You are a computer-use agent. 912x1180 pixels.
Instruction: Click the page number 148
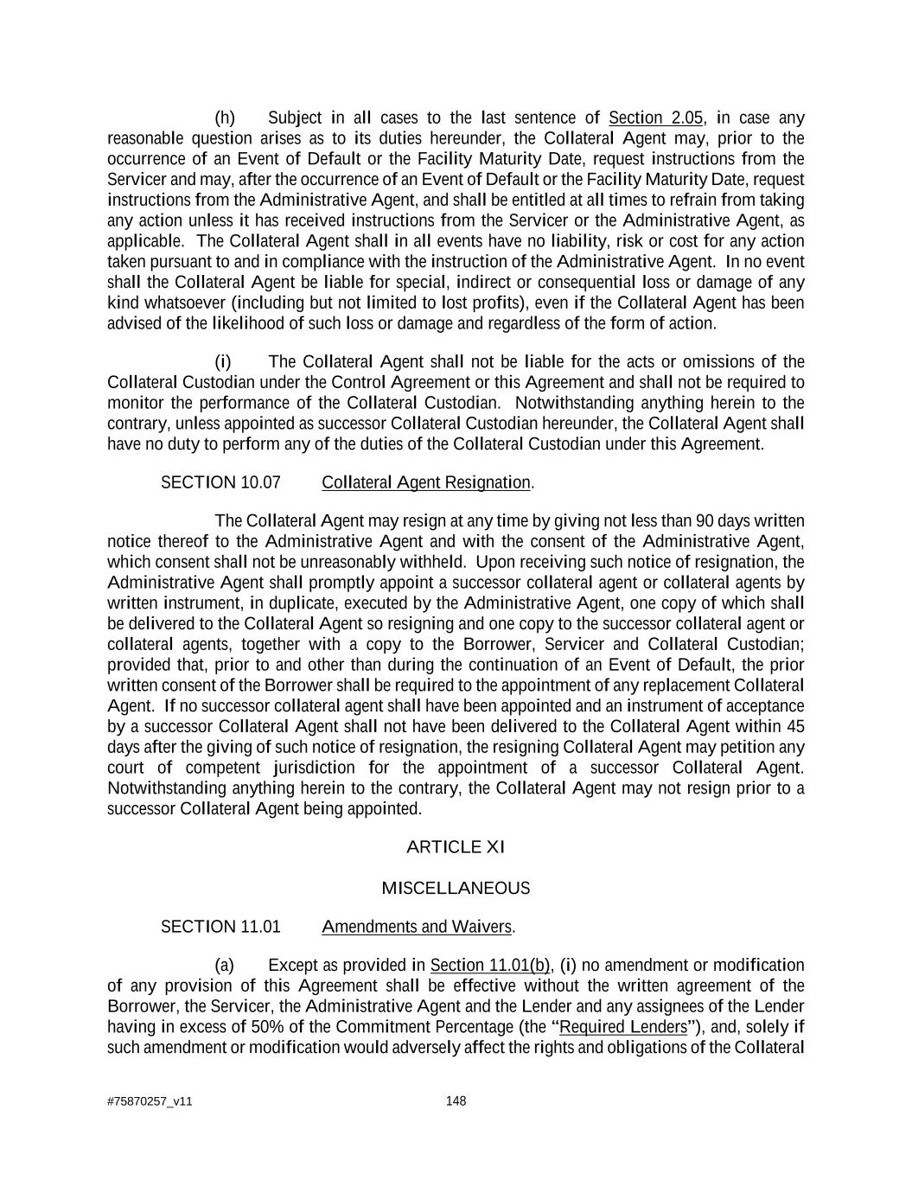pos(456,1100)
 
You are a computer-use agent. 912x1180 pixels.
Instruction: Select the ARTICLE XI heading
pos(456,847)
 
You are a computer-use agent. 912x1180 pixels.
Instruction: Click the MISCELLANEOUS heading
pos(456,889)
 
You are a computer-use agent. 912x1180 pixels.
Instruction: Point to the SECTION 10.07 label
pos(220,482)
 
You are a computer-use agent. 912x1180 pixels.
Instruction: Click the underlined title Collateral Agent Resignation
pos(426,482)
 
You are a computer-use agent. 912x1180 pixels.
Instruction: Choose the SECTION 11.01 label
pos(220,927)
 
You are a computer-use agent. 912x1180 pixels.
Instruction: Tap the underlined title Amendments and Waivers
pos(417,927)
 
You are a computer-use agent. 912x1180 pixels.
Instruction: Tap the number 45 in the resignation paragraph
pos(795,726)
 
